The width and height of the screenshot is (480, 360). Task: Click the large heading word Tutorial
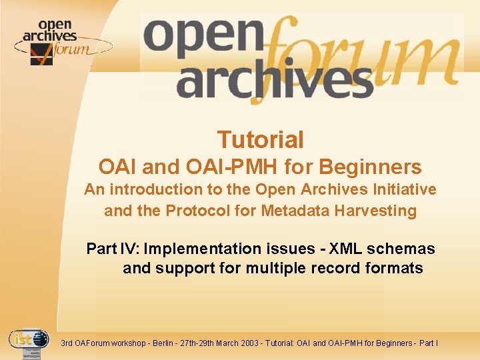260,140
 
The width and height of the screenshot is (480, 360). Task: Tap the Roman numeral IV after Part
130,249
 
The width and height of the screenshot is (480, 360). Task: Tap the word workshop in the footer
125,343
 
